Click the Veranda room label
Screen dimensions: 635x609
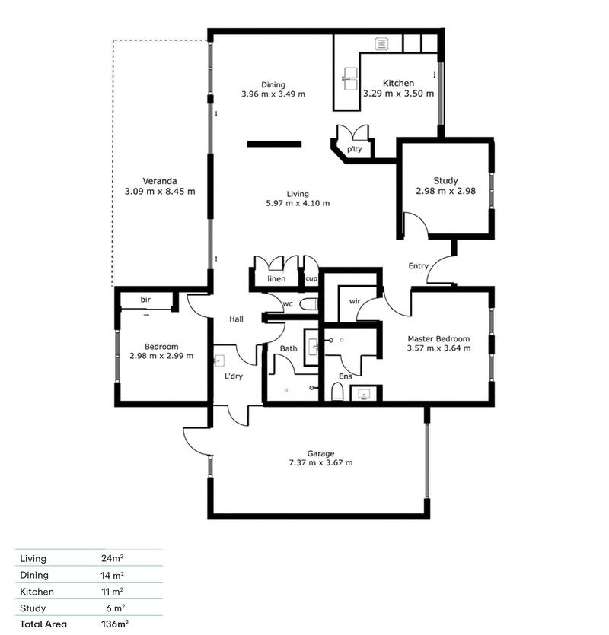(x=160, y=181)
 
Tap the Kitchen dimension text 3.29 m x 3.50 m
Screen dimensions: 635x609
(x=398, y=94)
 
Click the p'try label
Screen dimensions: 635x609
(x=354, y=150)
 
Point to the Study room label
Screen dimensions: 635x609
(x=445, y=181)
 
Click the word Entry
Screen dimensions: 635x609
(x=418, y=266)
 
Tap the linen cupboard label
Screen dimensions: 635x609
(x=276, y=280)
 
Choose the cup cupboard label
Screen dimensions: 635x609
(x=311, y=279)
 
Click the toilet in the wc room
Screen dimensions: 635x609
(x=308, y=304)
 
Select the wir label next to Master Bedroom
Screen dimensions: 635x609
(x=354, y=302)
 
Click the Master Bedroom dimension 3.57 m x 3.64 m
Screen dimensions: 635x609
(x=438, y=348)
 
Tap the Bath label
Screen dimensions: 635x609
(x=288, y=349)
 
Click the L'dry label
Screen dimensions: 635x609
(x=233, y=376)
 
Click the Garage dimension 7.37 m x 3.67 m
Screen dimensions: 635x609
(x=320, y=462)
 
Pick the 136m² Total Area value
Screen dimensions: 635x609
(x=114, y=624)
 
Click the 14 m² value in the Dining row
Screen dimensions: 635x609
(x=113, y=575)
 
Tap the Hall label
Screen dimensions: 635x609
(x=236, y=320)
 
